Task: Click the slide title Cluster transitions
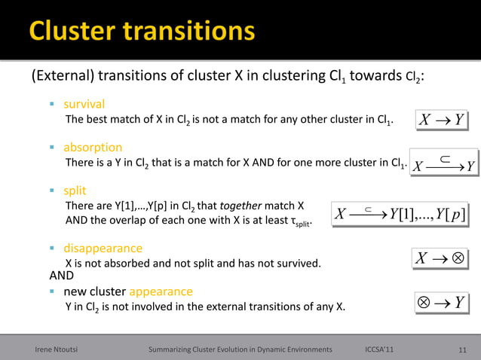tap(142, 32)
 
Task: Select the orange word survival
tap(84, 104)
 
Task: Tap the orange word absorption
tap(92, 147)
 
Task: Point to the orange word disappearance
tap(103, 248)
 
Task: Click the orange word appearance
tap(161, 291)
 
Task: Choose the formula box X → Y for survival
tap(440, 121)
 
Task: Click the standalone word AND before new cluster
tap(62, 276)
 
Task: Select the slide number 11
tap(463, 349)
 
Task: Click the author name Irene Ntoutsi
tap(60, 349)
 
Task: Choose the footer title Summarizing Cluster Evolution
tap(240, 349)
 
